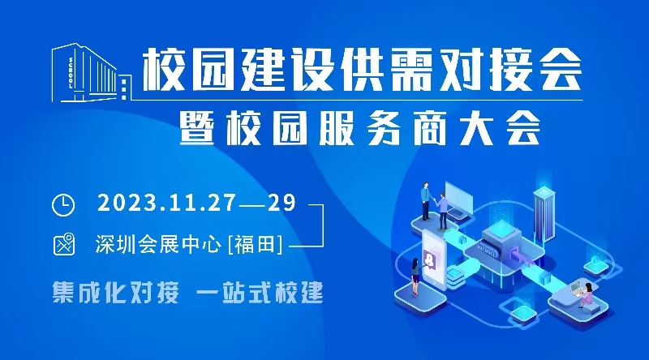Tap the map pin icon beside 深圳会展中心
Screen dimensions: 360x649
63,243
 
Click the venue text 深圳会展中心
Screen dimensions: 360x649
157,243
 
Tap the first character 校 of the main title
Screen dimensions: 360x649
161,71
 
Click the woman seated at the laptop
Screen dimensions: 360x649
584,294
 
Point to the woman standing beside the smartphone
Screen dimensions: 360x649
416,279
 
